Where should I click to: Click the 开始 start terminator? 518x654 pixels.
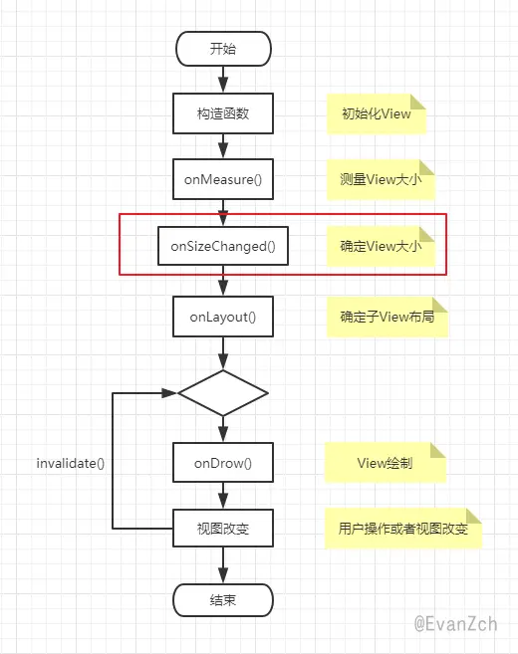(x=223, y=49)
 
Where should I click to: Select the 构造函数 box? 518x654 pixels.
(x=223, y=113)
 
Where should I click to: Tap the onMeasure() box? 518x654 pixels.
(x=223, y=179)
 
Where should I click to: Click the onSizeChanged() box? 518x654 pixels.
(x=223, y=246)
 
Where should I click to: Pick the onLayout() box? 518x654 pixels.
(x=223, y=317)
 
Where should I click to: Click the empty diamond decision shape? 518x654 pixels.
(x=223, y=393)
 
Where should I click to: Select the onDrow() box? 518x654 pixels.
(x=223, y=463)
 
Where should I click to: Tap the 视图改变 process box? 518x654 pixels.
(x=223, y=528)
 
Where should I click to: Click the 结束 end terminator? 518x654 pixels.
(x=223, y=600)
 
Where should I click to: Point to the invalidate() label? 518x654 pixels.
(x=71, y=463)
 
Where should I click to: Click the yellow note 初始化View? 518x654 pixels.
(x=377, y=113)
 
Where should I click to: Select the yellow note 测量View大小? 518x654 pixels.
(x=381, y=180)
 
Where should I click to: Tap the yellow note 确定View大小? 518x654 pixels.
(x=381, y=247)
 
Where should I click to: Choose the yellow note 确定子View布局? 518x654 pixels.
(x=388, y=317)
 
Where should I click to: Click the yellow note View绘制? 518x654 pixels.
(x=386, y=463)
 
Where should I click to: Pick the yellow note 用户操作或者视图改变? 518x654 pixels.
(x=403, y=529)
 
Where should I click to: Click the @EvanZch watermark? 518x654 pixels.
(x=455, y=624)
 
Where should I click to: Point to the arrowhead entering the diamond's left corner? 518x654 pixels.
(x=169, y=393)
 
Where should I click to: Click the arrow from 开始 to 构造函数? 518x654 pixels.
(x=223, y=80)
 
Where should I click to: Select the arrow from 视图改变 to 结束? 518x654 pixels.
(x=223, y=565)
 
